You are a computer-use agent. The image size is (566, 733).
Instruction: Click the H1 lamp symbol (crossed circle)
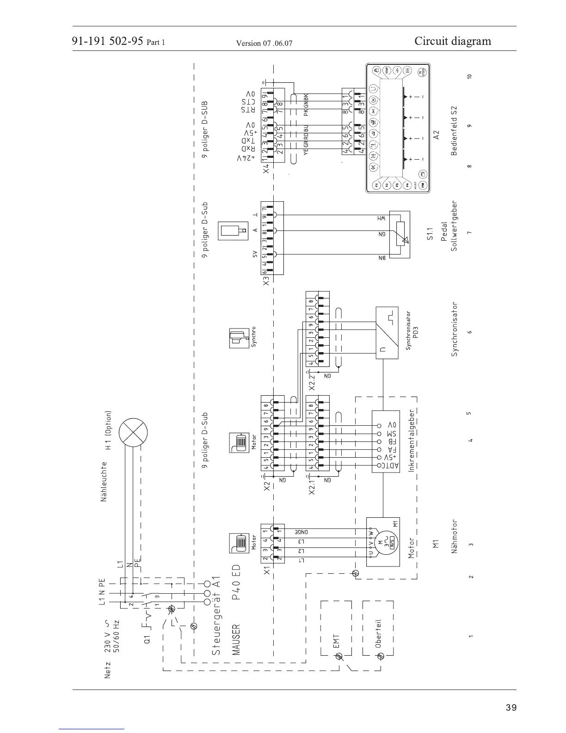coord(133,434)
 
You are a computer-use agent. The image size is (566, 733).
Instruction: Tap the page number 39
coord(511,708)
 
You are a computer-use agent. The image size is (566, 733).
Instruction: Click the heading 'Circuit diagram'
coord(453,41)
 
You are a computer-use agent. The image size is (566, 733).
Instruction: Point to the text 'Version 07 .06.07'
coord(264,43)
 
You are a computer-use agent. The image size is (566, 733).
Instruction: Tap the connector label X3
coord(266,281)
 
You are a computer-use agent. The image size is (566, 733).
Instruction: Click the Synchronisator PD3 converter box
coord(387,333)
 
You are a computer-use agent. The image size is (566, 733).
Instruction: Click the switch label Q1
coord(147,639)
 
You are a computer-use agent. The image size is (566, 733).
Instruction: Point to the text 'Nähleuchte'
coord(104,481)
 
